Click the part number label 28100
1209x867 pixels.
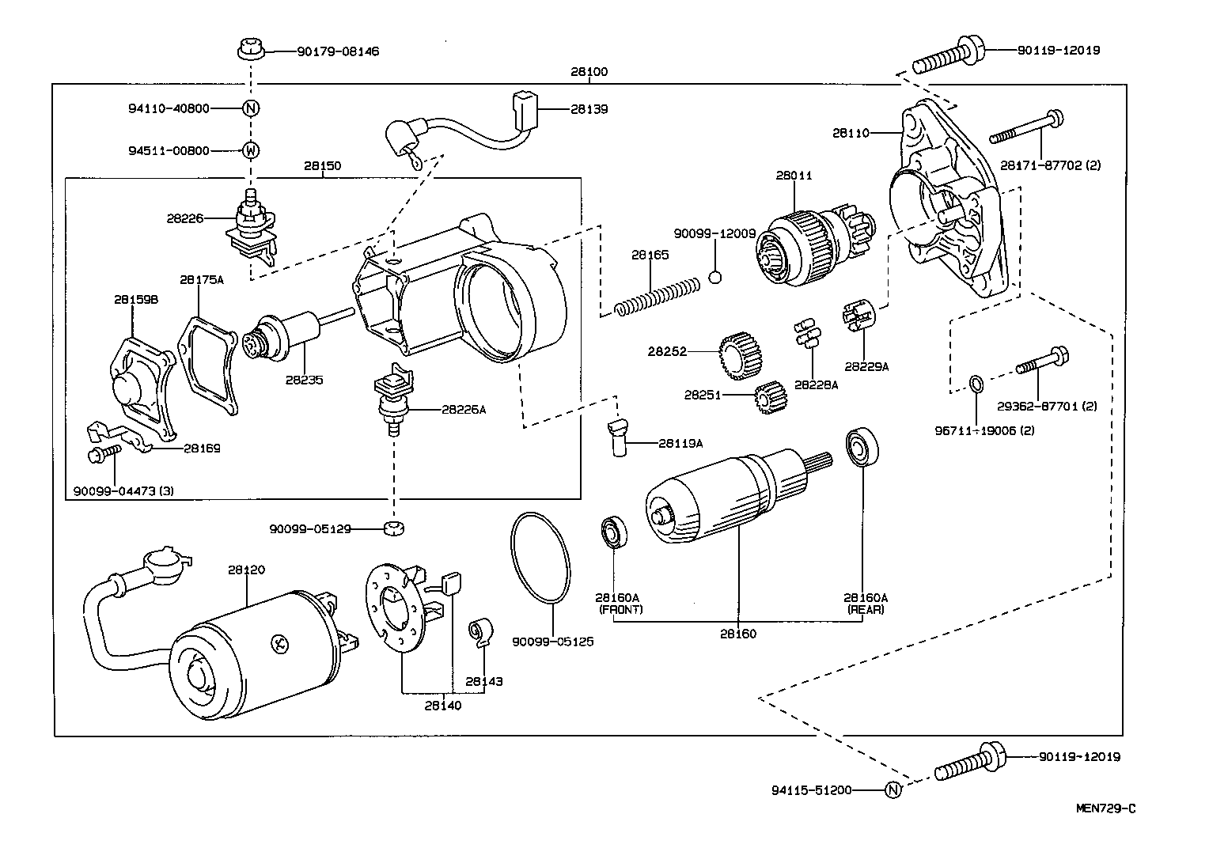pos(589,71)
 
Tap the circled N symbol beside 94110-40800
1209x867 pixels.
pos(250,108)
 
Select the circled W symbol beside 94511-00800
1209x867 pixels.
pos(250,150)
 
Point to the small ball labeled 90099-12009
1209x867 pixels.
pos(715,277)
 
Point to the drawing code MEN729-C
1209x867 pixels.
pos(1105,808)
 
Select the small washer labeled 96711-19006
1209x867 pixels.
pos(976,385)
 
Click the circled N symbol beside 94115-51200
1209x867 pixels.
pos(892,789)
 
